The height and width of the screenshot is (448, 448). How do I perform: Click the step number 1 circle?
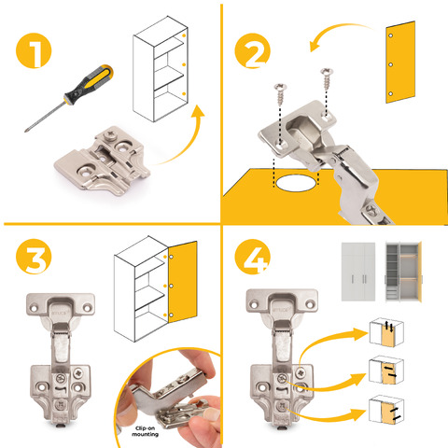(x=34, y=50)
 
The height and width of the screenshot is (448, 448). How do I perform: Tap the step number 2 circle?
(x=252, y=50)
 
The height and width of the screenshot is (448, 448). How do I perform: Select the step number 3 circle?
(x=34, y=257)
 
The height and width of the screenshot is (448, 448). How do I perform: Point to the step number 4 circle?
(x=252, y=257)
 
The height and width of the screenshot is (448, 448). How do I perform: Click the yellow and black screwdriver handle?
(x=89, y=85)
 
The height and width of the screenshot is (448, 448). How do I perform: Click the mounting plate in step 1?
(x=103, y=161)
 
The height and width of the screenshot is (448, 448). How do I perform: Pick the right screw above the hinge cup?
(x=327, y=78)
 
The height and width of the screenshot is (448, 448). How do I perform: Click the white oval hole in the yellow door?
(x=296, y=183)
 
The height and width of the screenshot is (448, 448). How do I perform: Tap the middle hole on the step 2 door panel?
(x=391, y=64)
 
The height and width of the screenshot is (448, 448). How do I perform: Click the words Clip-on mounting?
(x=145, y=431)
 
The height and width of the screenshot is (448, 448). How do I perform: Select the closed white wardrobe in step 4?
(x=358, y=272)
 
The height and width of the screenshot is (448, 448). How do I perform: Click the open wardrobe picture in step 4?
(x=403, y=272)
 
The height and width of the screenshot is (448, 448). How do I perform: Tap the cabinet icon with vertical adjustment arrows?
(x=386, y=332)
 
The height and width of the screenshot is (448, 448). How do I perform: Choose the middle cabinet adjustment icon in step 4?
(x=386, y=371)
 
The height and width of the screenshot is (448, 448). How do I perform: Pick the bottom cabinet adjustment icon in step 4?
(x=386, y=410)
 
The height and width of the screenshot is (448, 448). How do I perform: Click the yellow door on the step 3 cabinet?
(x=183, y=283)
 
